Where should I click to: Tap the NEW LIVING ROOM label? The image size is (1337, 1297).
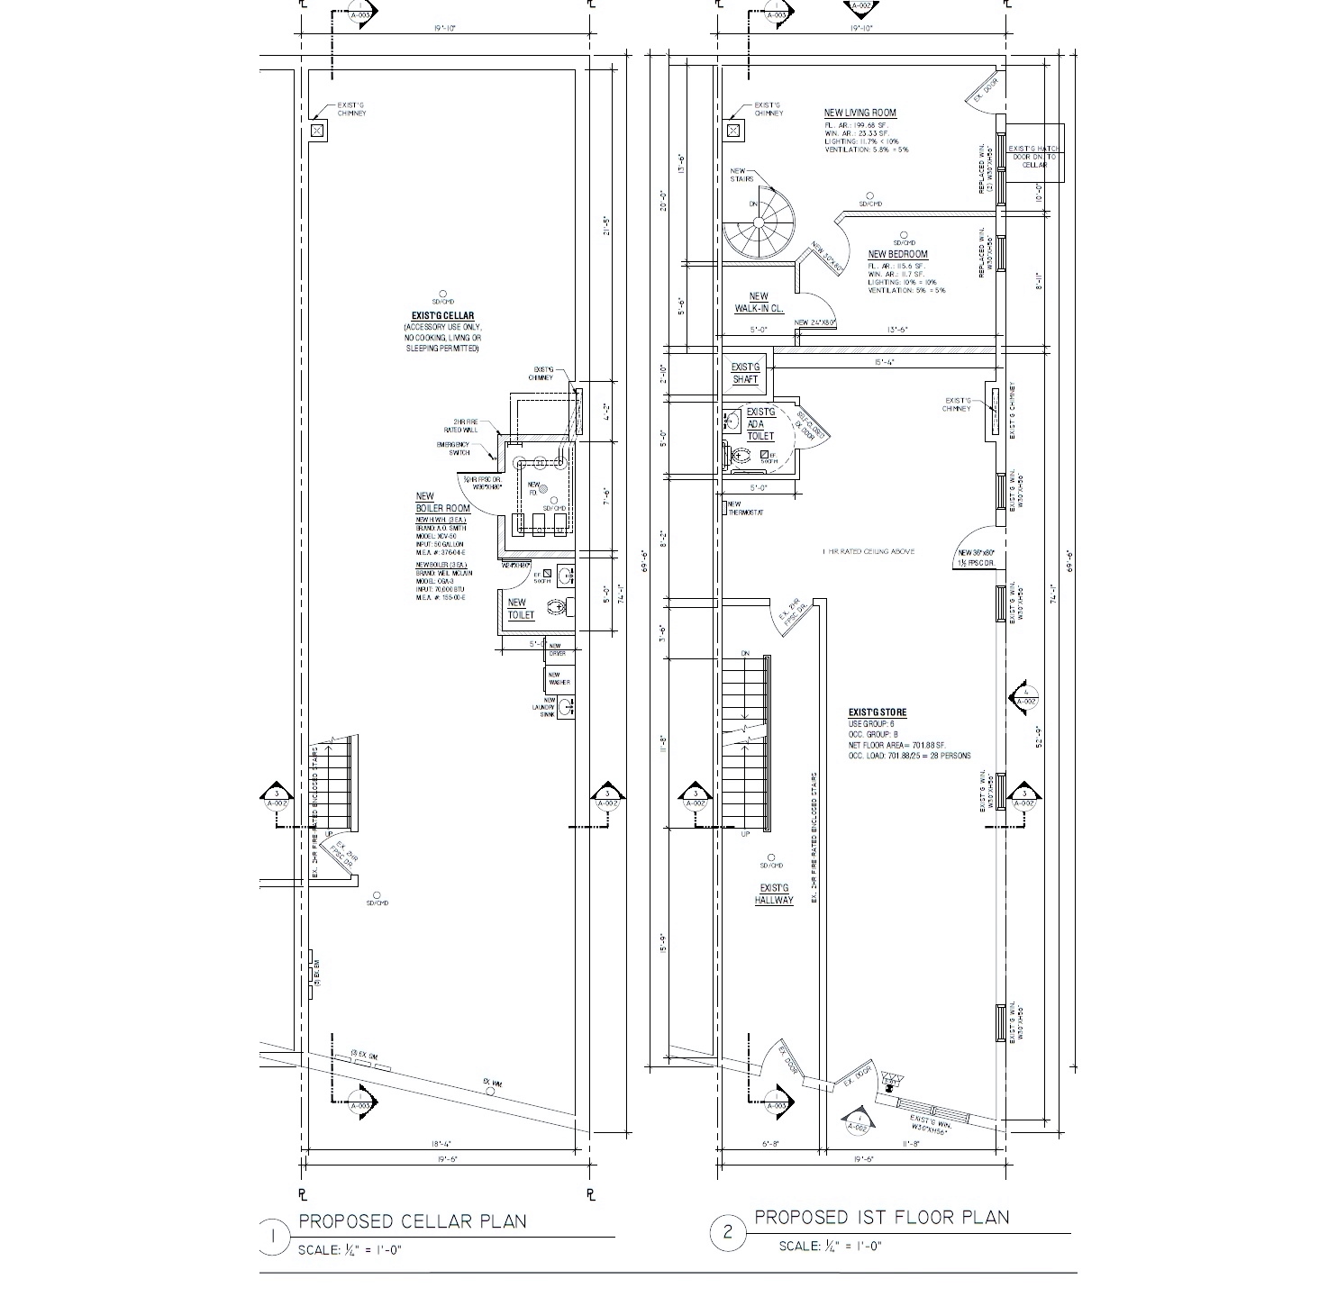pyautogui.click(x=859, y=113)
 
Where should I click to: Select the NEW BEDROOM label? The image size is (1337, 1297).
pyautogui.click(x=897, y=255)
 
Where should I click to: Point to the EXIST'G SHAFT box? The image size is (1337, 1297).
pyautogui.click(x=745, y=373)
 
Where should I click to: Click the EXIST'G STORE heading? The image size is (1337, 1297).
pyautogui.click(x=877, y=712)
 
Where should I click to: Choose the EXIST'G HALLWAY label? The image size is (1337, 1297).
pyautogui.click(x=774, y=894)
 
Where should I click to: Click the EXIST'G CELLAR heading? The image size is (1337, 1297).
pyautogui.click(x=442, y=315)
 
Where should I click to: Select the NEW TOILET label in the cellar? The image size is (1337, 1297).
pyautogui.click(x=521, y=609)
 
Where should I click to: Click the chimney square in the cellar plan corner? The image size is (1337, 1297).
pyautogui.click(x=315, y=131)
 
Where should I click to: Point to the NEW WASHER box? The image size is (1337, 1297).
pyautogui.click(x=559, y=678)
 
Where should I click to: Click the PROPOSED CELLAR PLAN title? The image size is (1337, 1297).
pyautogui.click(x=413, y=1221)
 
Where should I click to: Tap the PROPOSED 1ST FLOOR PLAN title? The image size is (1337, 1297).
pyautogui.click(x=881, y=1218)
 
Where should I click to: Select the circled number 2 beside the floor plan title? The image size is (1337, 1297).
pyautogui.click(x=728, y=1234)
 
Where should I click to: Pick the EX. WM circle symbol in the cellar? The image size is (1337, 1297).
pyautogui.click(x=490, y=1091)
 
